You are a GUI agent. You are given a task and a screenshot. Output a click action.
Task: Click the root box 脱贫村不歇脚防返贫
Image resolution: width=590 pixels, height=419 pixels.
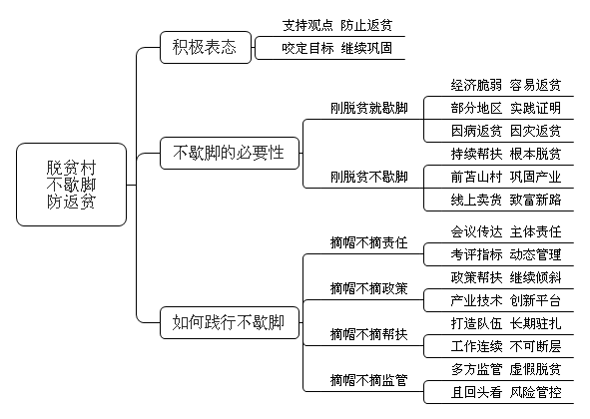coord(71,185)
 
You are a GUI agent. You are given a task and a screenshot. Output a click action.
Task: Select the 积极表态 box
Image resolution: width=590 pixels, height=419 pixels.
coord(206,48)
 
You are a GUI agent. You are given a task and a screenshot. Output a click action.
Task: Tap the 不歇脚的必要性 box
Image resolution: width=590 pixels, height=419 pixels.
coord(230,153)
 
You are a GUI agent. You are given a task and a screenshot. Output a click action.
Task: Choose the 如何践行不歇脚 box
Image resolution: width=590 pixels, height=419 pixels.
coord(230,322)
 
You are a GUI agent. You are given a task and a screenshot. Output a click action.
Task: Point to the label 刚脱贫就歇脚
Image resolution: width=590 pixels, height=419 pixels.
coord(369,109)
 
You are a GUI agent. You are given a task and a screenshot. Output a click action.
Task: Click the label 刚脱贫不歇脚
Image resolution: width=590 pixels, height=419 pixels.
coord(369,177)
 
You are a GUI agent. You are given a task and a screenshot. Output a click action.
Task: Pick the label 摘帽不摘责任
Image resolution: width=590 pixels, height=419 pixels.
coord(369,243)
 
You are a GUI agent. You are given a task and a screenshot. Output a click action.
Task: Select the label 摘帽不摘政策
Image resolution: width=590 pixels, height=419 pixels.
coord(369,289)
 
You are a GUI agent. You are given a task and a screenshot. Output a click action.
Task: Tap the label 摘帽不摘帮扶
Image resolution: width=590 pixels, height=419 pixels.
coord(369,334)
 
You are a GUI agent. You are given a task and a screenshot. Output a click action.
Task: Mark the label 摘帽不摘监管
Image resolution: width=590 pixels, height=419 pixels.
coord(369,381)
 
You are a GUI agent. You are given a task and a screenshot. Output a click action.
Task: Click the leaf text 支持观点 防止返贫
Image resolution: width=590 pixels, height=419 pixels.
coord(337,25)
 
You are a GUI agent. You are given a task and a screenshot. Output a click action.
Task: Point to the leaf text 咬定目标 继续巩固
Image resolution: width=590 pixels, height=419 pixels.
coord(337,48)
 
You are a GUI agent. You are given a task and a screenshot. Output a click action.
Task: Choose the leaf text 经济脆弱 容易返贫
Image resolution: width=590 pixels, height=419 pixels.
coord(506,86)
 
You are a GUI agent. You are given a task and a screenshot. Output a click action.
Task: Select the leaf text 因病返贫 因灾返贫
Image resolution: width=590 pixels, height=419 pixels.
coord(506,132)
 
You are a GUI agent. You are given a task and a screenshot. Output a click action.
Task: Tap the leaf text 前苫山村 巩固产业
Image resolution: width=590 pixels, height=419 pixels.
coord(506,177)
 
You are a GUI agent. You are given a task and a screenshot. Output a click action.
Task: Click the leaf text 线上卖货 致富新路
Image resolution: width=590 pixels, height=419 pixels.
coord(506,200)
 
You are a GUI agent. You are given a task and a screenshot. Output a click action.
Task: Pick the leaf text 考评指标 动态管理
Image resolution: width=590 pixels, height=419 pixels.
coord(506,254)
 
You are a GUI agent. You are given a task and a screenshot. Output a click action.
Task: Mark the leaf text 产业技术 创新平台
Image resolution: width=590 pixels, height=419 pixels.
coord(506,300)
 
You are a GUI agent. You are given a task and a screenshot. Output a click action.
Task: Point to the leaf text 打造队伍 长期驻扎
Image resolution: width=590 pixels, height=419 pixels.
coord(506,323)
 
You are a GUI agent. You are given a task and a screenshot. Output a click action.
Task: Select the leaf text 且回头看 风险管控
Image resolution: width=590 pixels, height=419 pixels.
coord(506,392)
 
